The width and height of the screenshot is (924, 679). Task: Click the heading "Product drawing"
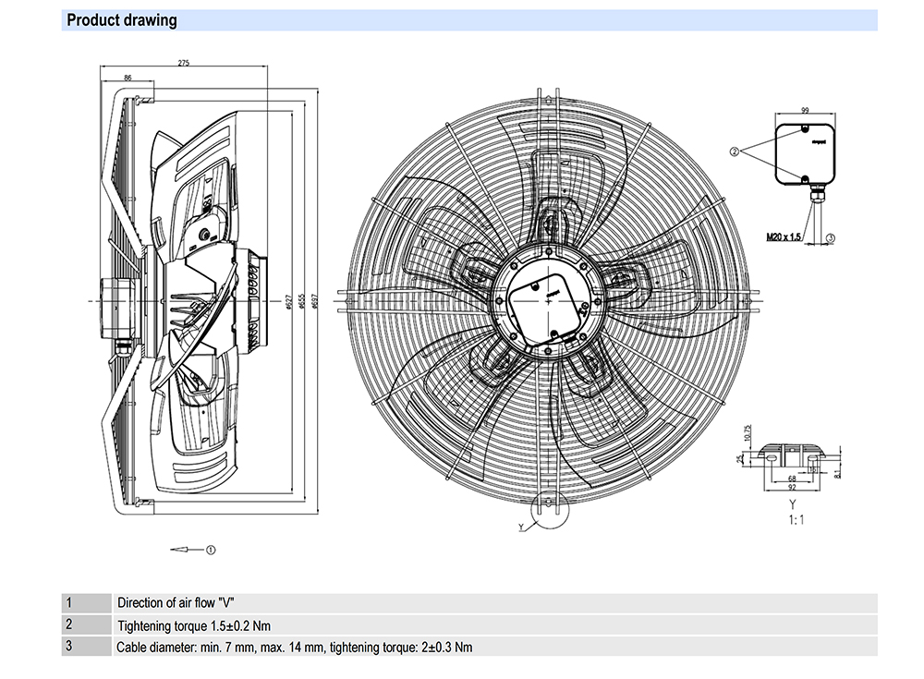click(122, 20)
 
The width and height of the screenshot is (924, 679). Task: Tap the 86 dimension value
click(128, 78)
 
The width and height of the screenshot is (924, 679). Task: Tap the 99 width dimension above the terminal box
click(805, 108)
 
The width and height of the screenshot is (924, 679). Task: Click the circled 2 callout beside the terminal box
click(736, 151)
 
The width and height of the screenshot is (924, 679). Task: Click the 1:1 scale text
click(796, 520)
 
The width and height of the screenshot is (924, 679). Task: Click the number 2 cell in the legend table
click(68, 624)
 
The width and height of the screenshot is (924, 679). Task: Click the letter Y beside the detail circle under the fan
click(520, 528)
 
